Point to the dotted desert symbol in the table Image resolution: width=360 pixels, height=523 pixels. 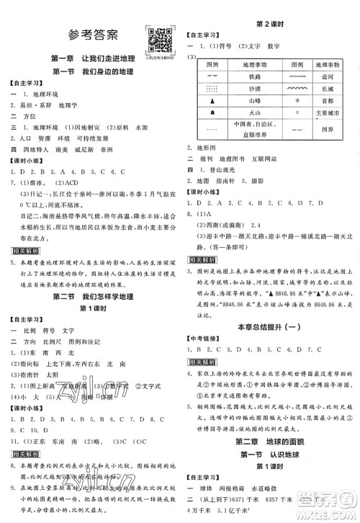[213, 90]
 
